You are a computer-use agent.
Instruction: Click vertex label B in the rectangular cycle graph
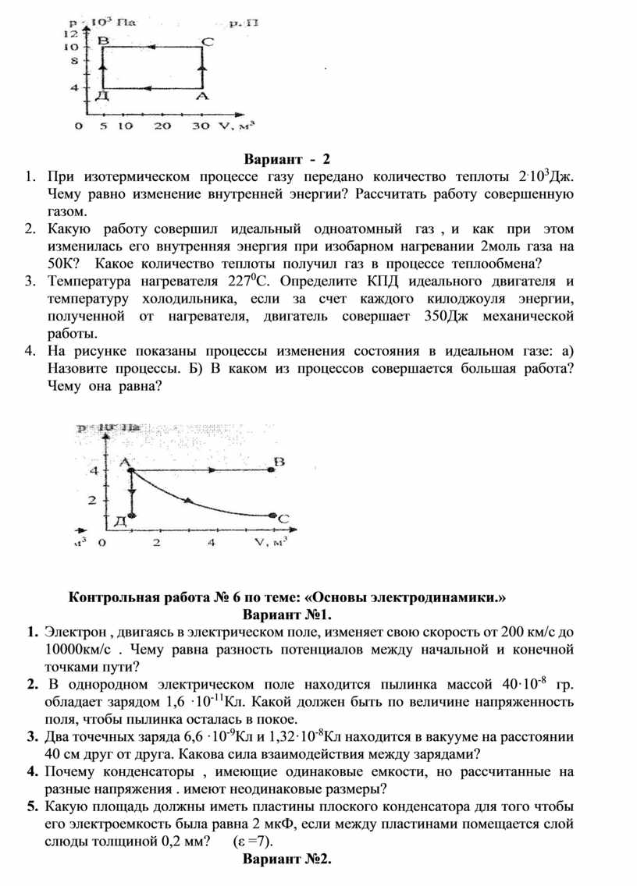pyautogui.click(x=102, y=40)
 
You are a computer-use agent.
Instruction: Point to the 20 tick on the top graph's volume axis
pyautogui.click(x=162, y=126)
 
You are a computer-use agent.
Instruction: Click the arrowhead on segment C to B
pyautogui.click(x=150, y=48)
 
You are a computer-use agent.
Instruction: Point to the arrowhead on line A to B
pyautogui.click(x=212, y=470)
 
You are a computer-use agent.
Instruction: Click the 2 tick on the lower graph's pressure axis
pyautogui.click(x=94, y=499)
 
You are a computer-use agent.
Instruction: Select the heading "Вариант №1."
pyautogui.click(x=288, y=615)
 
